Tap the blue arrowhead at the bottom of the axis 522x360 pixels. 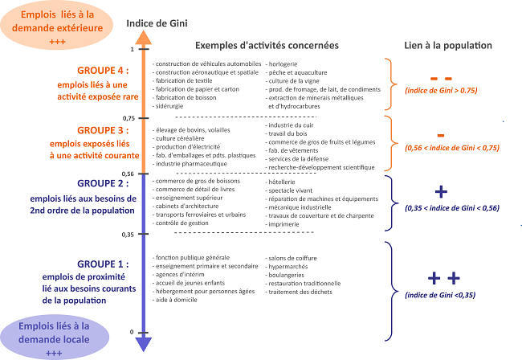[143, 344]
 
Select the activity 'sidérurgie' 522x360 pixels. [170, 105]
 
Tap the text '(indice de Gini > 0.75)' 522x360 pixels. [441, 92]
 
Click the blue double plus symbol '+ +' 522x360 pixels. [443, 278]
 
